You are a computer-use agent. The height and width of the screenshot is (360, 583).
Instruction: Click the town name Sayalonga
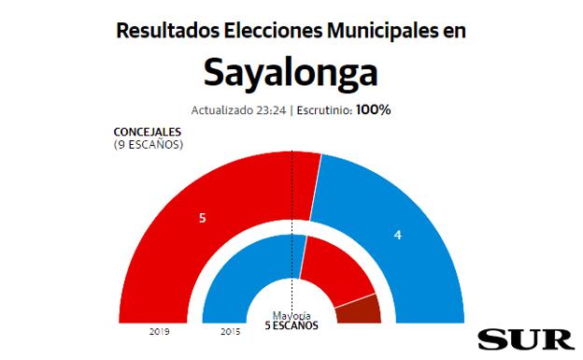(291, 72)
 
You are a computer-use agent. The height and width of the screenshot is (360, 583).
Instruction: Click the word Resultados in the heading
(168, 30)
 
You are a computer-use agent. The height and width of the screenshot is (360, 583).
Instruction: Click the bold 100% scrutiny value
(373, 109)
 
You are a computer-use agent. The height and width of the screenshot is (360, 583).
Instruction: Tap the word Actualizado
(222, 109)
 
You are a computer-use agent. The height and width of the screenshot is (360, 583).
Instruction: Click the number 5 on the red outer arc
(203, 217)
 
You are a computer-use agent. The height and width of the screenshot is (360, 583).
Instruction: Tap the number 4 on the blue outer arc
(398, 235)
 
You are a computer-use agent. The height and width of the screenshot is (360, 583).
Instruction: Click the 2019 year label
(158, 331)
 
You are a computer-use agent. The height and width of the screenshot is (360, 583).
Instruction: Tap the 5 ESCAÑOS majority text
(291, 326)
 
